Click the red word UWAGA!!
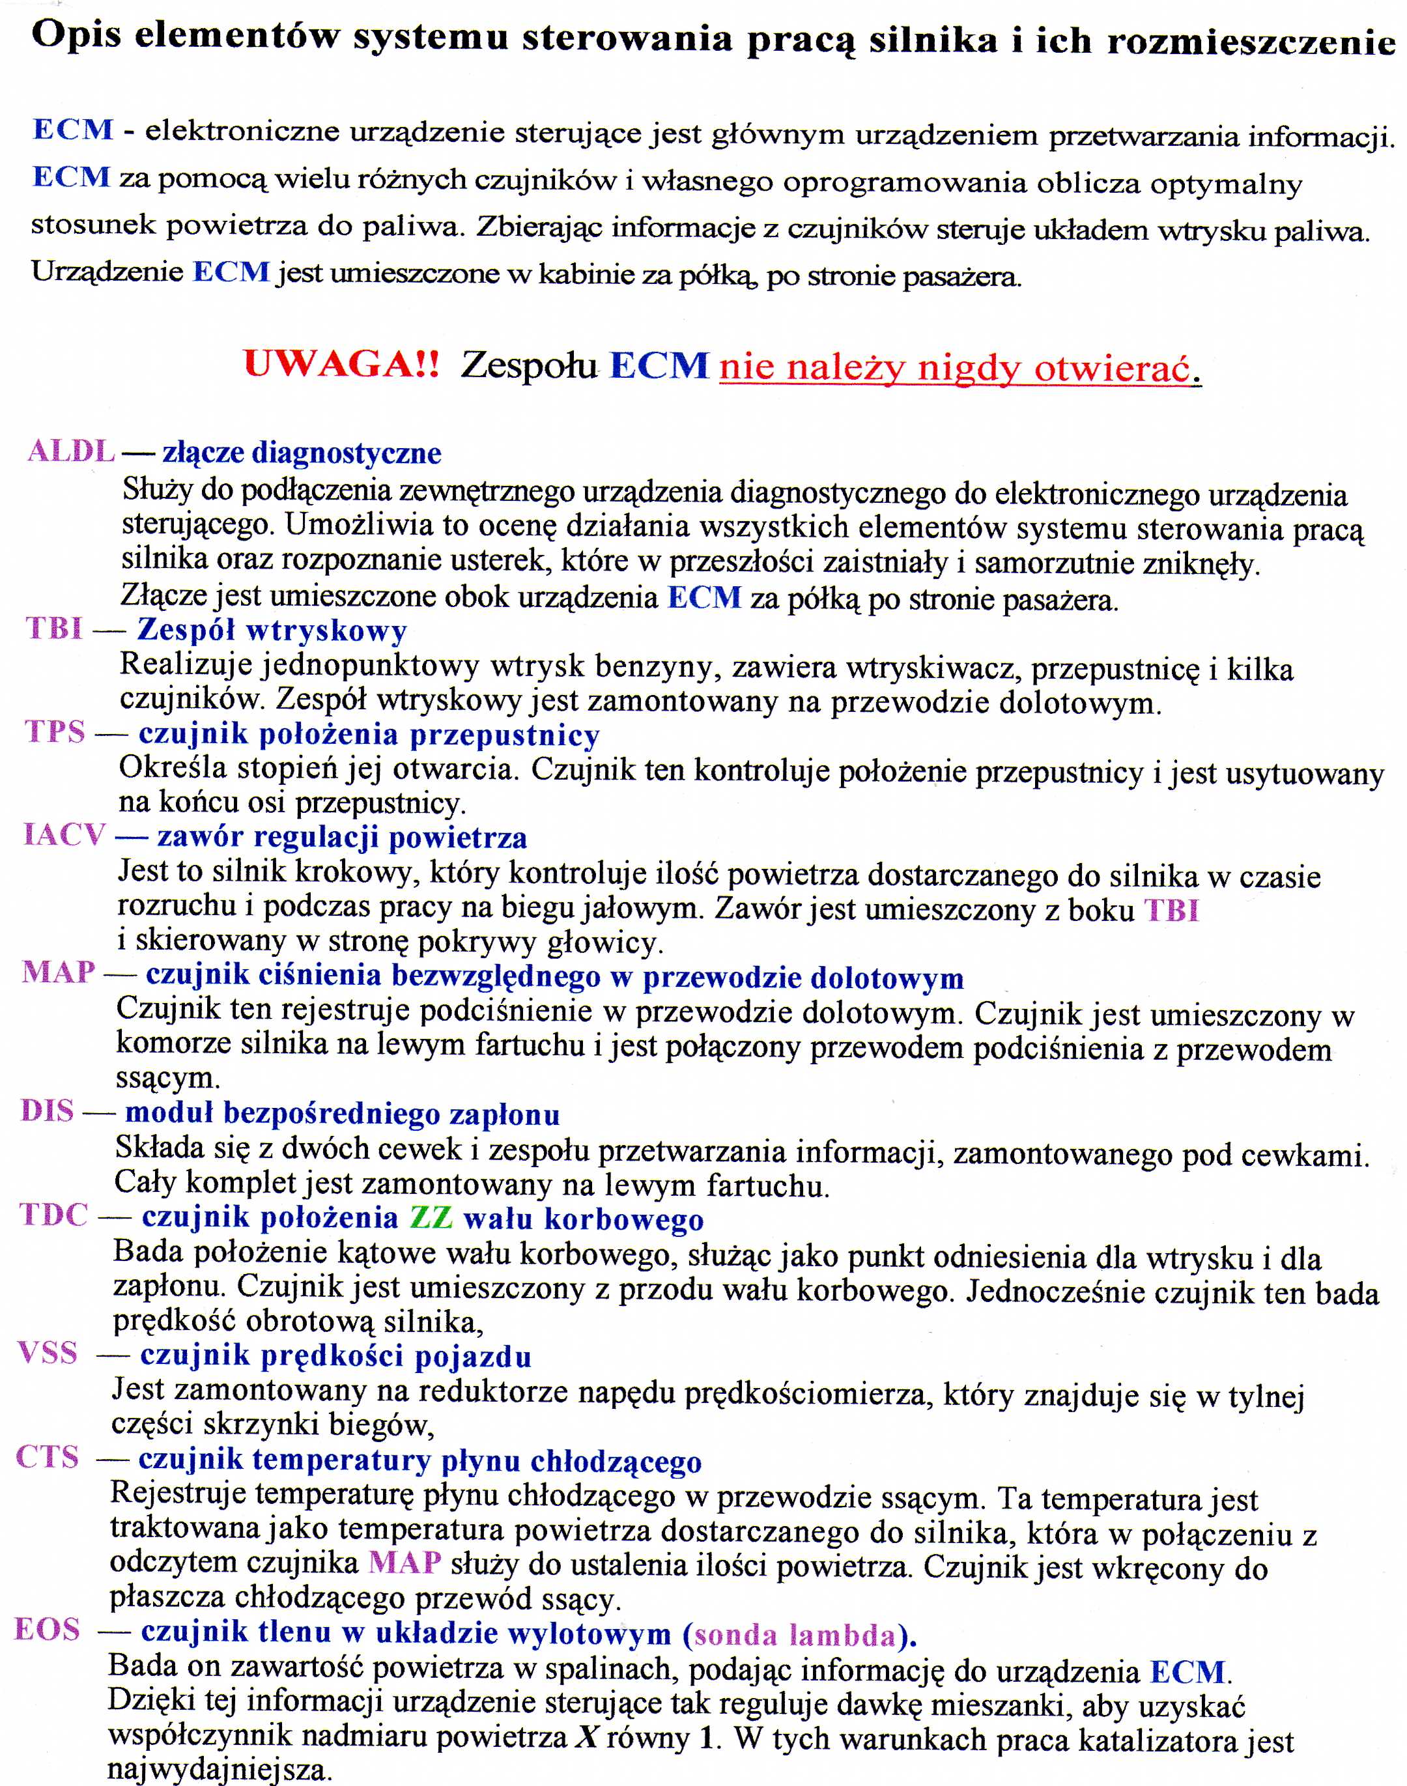[341, 363]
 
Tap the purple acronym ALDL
[71, 451]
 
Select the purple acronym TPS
[55, 731]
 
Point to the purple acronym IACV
[64, 835]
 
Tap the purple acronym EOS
[48, 1630]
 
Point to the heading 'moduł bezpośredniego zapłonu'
[342, 1114]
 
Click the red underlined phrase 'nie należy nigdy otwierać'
[956, 367]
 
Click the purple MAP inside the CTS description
[405, 1562]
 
